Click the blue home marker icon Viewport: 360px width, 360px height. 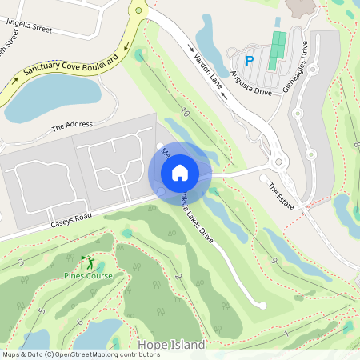click(180, 172)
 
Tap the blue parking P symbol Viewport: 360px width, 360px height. click(249, 60)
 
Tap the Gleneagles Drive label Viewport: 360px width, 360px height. click(294, 70)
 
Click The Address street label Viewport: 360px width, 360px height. click(72, 126)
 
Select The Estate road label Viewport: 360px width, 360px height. click(282, 194)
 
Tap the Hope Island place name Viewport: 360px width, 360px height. click(171, 344)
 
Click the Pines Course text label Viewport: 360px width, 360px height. click(88, 276)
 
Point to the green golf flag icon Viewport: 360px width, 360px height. click(86, 262)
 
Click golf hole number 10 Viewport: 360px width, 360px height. click(185, 113)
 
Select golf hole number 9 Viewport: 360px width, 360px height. click(274, 261)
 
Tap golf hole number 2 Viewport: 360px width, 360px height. click(178, 277)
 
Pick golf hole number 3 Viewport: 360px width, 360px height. click(20, 262)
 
